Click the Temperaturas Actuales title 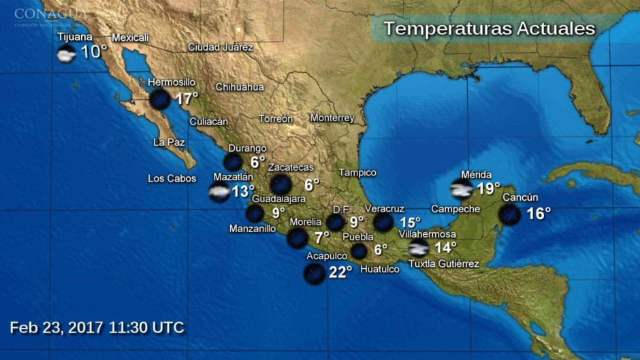[489, 29]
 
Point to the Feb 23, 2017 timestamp [97, 327]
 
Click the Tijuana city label [74, 37]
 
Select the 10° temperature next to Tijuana [94, 52]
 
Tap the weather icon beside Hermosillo [160, 99]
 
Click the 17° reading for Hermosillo [186, 99]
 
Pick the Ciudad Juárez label [220, 48]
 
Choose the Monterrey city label [332, 118]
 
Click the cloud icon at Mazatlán [219, 192]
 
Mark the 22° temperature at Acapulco [340, 272]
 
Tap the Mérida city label [476, 174]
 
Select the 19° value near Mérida [488, 189]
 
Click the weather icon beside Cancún [509, 214]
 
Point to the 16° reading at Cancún [538, 214]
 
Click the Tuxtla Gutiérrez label [443, 264]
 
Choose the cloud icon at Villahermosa [418, 248]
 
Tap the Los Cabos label [172, 179]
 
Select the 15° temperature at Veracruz [411, 223]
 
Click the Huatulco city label [379, 269]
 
